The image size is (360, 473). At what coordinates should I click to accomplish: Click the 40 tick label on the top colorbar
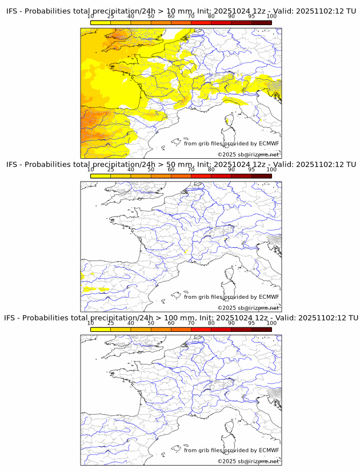click(131, 16)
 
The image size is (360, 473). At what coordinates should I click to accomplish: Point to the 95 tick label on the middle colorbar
click(251, 170)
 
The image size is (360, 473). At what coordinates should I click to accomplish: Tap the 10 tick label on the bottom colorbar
click(91, 323)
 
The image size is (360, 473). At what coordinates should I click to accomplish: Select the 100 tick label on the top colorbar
click(271, 16)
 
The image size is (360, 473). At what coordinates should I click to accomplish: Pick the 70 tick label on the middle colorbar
click(191, 170)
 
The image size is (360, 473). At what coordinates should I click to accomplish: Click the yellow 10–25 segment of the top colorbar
click(101, 22)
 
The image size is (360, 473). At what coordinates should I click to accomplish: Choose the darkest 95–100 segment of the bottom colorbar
click(261, 330)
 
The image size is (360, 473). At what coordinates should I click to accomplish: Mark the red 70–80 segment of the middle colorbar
click(201, 176)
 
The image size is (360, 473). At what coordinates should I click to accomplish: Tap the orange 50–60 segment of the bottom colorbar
click(161, 330)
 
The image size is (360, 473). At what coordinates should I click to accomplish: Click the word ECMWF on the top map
click(269, 143)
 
